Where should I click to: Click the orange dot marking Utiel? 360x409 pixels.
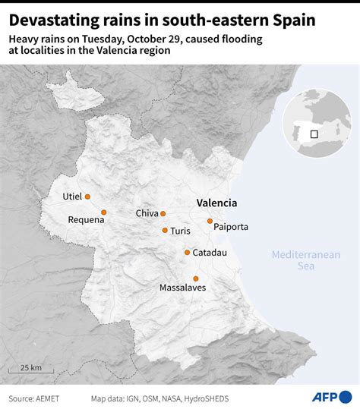(x=87, y=197)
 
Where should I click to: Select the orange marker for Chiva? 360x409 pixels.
(x=163, y=214)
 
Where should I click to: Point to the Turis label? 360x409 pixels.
(x=182, y=231)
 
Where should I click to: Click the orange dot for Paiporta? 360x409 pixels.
(x=210, y=221)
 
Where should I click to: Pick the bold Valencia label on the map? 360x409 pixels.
(x=216, y=203)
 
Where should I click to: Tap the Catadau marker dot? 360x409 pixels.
(x=187, y=253)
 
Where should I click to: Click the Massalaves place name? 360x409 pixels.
(x=182, y=288)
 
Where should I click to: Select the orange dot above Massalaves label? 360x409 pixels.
(x=196, y=278)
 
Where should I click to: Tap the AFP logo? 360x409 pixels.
(x=332, y=397)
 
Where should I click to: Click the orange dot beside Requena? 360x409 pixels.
(x=104, y=212)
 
